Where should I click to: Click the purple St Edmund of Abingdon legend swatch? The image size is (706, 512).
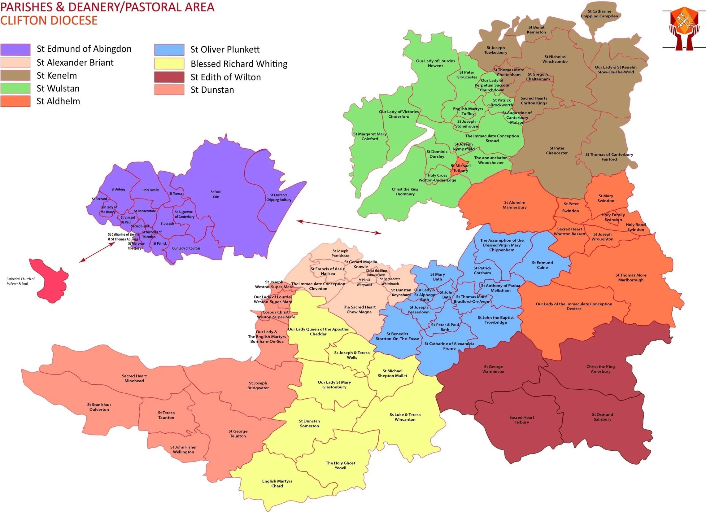[x=15, y=49]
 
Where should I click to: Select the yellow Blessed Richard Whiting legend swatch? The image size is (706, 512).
[x=169, y=63]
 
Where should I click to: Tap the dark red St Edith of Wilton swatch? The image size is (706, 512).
[x=169, y=77]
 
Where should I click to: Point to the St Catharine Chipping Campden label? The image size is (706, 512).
[x=599, y=14]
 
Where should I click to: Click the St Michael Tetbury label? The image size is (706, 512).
[x=461, y=168]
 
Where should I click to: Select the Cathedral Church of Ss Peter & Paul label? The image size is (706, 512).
[x=20, y=281]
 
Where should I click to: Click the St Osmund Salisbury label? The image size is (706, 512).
[x=602, y=417]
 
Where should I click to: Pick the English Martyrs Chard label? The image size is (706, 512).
[x=277, y=483]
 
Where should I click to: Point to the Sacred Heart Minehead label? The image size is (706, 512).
[x=134, y=379]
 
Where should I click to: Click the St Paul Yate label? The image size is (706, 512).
[x=216, y=194]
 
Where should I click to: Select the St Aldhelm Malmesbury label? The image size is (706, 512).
[x=515, y=205]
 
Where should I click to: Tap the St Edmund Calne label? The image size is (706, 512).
[x=542, y=265]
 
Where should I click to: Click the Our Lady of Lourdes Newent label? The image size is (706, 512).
[x=435, y=63]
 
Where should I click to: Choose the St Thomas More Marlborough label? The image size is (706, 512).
[x=631, y=278]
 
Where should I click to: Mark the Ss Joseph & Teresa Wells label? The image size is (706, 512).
[x=352, y=355]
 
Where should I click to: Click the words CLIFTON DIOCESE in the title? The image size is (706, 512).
[x=49, y=20]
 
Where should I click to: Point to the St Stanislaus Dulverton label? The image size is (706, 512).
[x=99, y=407]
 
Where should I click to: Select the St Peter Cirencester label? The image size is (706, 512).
[x=556, y=151]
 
